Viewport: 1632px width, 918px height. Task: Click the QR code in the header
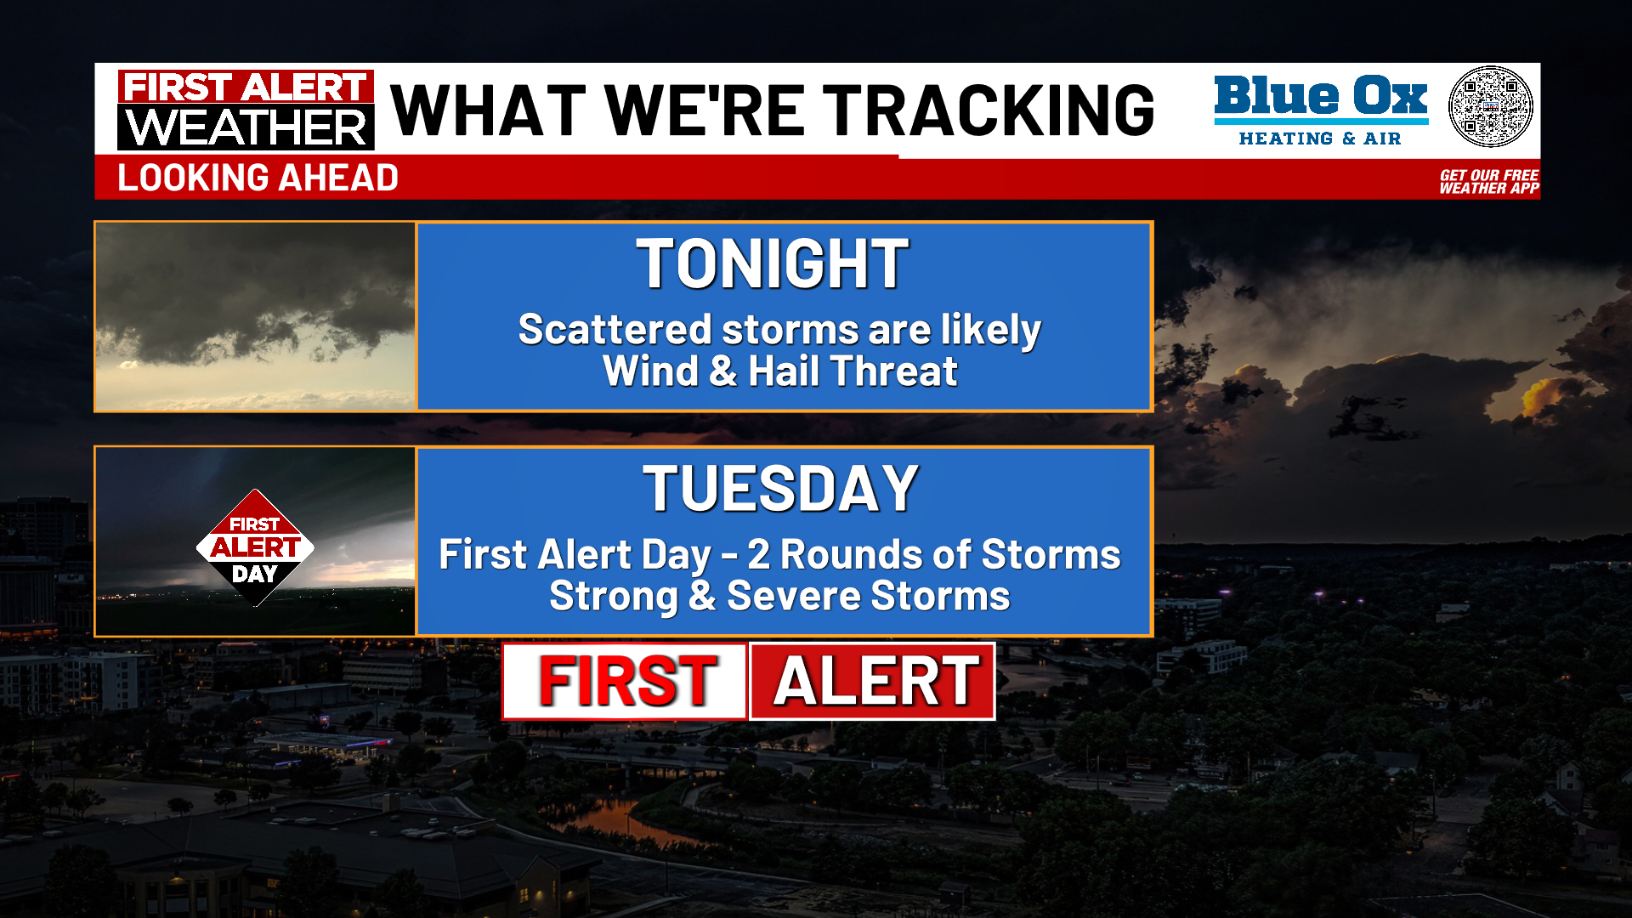coord(1490,107)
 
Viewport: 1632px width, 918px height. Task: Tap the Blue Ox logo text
coord(1320,96)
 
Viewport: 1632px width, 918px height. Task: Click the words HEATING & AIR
coord(1319,139)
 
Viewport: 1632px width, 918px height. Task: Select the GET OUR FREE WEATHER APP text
coord(1488,182)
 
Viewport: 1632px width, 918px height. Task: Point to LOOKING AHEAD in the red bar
coord(258,178)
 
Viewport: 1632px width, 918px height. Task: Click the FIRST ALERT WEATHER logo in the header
coord(246,110)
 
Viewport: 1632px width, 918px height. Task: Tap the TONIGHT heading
coord(773,264)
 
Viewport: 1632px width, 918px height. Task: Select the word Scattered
coord(615,330)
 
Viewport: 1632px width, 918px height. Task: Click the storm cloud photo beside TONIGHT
coord(255,317)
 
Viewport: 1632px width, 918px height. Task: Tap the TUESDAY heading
coord(780,489)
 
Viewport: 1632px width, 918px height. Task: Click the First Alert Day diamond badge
coord(255,548)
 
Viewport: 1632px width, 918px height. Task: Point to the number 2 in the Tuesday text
coord(758,555)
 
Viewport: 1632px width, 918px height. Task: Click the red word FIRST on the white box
coord(627,682)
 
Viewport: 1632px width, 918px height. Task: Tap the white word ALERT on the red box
coord(875,682)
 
